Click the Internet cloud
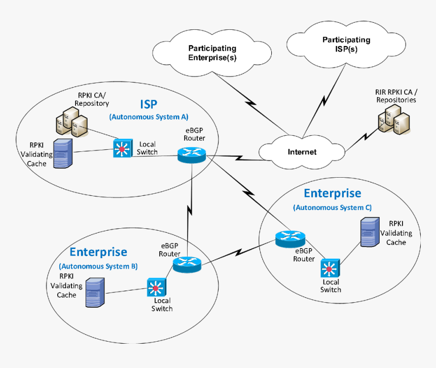(x=302, y=151)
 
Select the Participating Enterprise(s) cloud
(x=212, y=53)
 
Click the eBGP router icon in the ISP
(x=192, y=155)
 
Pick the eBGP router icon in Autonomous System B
(x=187, y=263)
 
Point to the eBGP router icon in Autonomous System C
(x=290, y=238)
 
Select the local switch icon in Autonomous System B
(x=156, y=288)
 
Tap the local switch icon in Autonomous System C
(x=331, y=267)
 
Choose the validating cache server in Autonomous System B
(x=95, y=292)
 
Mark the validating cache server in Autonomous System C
(x=370, y=232)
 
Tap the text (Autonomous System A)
(x=149, y=117)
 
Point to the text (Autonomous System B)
(x=98, y=266)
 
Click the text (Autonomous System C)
(x=332, y=208)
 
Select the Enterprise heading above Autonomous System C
(x=332, y=193)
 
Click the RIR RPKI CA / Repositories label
(x=396, y=96)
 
